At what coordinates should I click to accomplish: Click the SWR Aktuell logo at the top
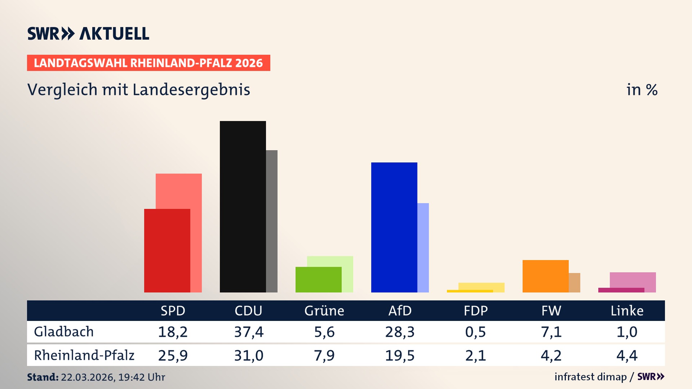click(88, 33)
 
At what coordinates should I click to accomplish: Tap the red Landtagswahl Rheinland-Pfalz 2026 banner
click(148, 63)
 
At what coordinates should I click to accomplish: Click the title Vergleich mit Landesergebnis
click(138, 90)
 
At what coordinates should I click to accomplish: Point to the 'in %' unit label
click(642, 90)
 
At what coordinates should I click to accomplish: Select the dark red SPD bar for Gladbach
click(167, 250)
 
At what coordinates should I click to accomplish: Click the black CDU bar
click(243, 206)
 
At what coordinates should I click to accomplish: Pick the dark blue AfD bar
click(394, 227)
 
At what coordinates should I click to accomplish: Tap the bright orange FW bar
click(545, 276)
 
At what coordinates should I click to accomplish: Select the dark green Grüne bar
click(318, 280)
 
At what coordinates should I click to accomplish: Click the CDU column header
click(248, 311)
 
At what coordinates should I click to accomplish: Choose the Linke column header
click(627, 311)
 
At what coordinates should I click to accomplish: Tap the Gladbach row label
click(64, 332)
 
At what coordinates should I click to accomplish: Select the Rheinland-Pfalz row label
click(84, 356)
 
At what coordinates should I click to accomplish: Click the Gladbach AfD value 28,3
click(400, 332)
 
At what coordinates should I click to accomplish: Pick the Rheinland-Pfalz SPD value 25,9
click(173, 356)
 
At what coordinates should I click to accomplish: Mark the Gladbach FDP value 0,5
click(475, 332)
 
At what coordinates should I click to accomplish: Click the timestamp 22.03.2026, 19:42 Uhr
click(113, 377)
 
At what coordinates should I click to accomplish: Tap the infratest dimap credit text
click(590, 377)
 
